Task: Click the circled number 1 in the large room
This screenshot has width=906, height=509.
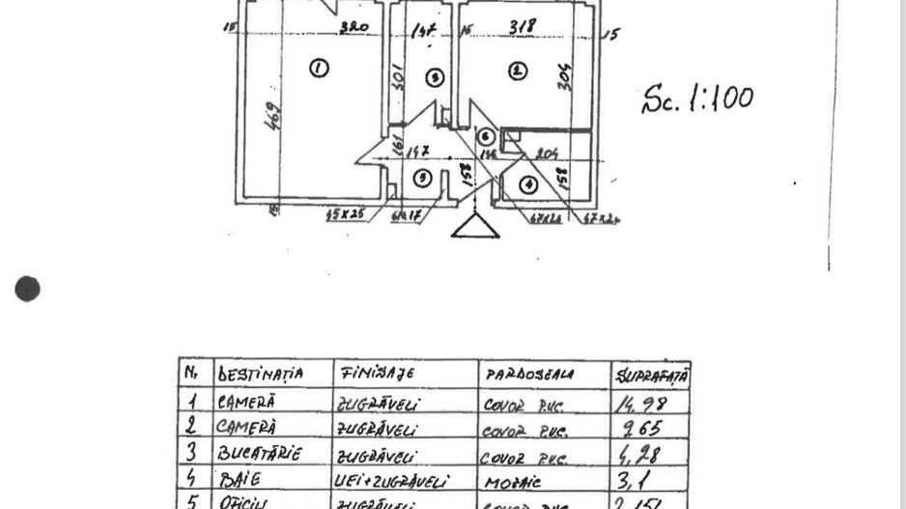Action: (x=318, y=68)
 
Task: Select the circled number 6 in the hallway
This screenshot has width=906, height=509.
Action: (x=486, y=137)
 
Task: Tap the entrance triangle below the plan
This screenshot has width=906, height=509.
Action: (x=476, y=226)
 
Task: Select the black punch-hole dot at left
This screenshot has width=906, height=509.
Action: (x=28, y=288)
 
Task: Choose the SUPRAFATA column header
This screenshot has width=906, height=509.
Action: (x=652, y=375)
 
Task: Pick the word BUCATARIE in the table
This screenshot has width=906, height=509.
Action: (x=260, y=452)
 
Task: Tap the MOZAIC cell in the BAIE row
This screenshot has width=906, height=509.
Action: (x=507, y=480)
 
